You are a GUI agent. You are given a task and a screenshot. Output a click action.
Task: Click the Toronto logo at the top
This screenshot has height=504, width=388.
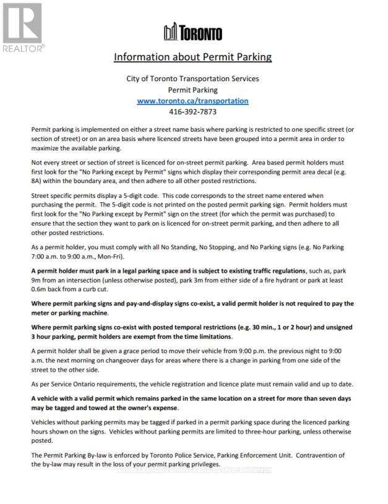pos(192,33)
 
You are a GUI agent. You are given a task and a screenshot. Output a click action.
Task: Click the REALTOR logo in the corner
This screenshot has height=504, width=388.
pos(23,28)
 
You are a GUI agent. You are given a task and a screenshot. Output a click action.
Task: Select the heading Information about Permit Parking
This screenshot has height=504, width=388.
pos(192,57)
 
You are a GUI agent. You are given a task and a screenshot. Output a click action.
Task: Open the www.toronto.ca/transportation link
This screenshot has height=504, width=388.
pos(192,101)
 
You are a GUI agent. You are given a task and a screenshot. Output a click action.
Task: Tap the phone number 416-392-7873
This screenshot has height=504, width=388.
pos(192,112)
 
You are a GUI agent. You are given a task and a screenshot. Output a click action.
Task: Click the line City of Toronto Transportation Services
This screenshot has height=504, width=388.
pos(192,79)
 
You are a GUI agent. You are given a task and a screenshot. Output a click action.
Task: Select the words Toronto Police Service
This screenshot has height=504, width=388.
pos(177,455)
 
